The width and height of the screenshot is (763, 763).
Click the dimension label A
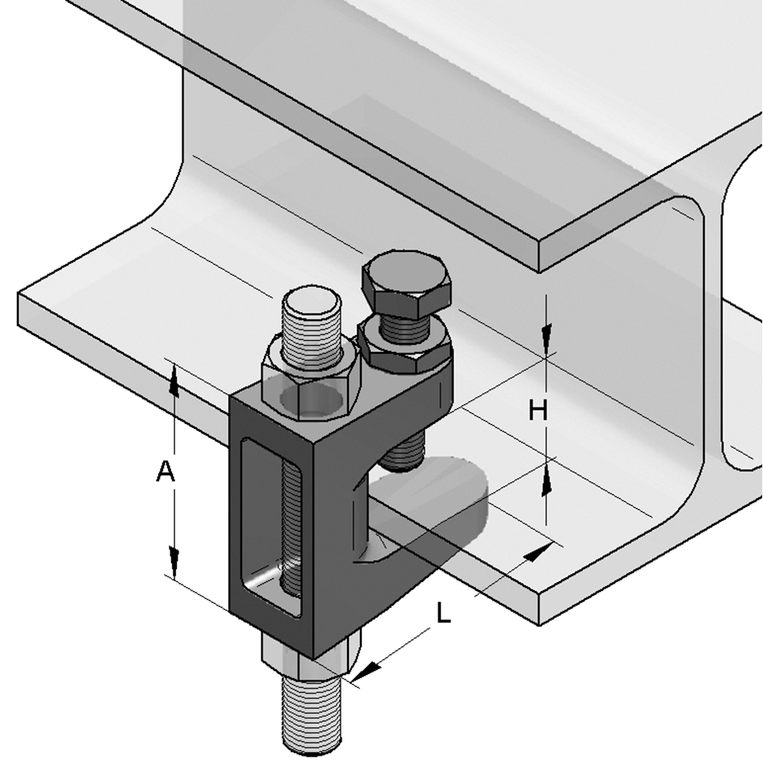[166, 472]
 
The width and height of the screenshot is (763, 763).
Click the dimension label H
[538, 411]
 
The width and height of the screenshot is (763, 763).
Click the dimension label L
[443, 614]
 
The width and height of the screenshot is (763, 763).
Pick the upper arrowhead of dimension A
[173, 379]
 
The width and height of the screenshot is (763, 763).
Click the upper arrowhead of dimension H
[547, 334]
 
